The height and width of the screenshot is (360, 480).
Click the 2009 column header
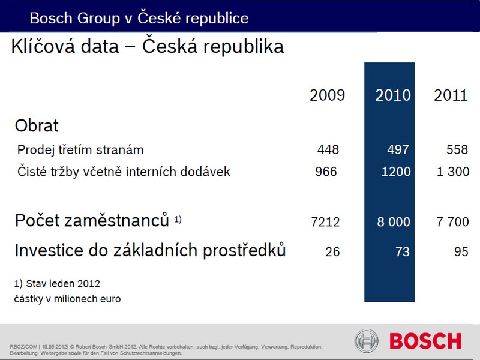[x=327, y=95]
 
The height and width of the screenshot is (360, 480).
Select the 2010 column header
[x=393, y=95]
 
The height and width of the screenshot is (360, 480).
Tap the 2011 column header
[x=451, y=95]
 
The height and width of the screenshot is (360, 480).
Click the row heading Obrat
[x=37, y=125]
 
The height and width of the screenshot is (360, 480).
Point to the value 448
[x=328, y=149]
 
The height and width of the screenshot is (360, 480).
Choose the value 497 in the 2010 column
[x=398, y=149]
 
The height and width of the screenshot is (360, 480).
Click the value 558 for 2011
[x=457, y=149]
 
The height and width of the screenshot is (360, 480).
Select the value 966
[x=326, y=172]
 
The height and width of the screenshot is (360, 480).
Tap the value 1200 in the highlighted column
[x=396, y=172]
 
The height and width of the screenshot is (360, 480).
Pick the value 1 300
[x=453, y=172]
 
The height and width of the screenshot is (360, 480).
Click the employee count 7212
[x=325, y=222]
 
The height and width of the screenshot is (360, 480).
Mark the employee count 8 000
[x=394, y=222]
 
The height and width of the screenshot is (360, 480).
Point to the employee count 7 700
[x=453, y=222]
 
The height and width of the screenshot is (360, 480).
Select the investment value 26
[x=332, y=251]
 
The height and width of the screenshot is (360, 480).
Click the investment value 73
[x=403, y=251]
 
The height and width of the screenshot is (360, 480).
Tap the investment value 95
[x=461, y=251]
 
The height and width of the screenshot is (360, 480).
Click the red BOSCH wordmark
[x=425, y=341]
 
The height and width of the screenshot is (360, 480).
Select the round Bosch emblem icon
[x=367, y=341]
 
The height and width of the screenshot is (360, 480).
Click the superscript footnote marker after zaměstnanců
[x=178, y=219]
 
